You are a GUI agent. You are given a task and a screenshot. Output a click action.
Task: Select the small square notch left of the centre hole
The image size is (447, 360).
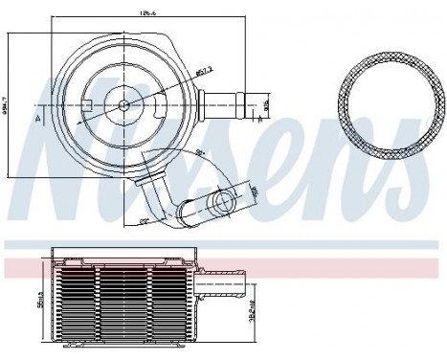tap(88, 102)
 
